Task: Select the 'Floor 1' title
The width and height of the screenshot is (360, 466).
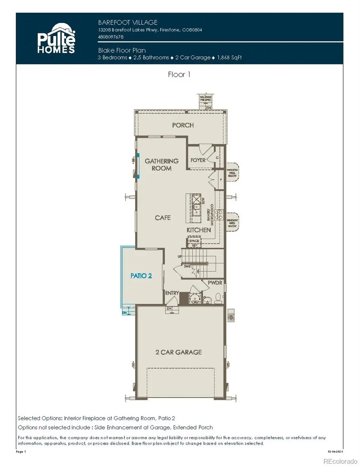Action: point(179,75)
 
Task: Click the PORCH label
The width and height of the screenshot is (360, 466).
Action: point(183,125)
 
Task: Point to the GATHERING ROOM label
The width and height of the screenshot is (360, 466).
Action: point(162,164)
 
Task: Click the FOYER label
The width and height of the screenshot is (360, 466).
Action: point(198,160)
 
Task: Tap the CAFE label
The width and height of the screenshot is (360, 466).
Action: point(163,218)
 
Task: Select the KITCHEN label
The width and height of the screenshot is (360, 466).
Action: point(199,230)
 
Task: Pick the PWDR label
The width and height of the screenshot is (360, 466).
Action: point(214,282)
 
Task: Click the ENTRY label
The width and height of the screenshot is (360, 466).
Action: point(172,293)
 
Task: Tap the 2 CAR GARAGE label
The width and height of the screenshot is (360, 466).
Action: point(178,352)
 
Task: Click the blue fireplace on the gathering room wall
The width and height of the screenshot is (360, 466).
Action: point(138,165)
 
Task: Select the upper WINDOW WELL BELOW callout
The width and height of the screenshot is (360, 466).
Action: point(232,172)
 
